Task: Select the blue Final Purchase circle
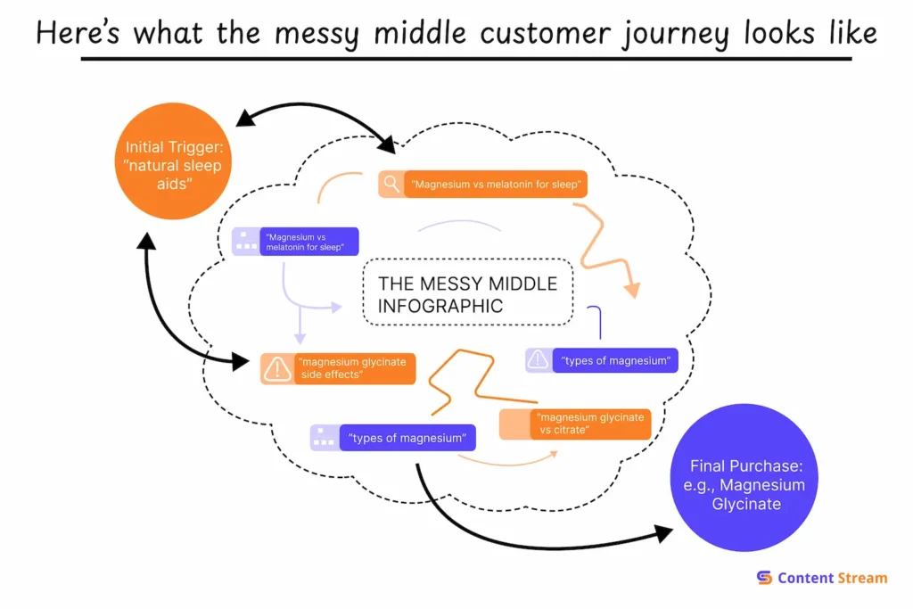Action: click(x=746, y=485)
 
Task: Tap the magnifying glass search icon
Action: click(x=391, y=185)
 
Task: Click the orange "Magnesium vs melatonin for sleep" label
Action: click(x=496, y=185)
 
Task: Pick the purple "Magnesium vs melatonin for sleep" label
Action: click(x=308, y=242)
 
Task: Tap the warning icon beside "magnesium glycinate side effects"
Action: click(x=277, y=368)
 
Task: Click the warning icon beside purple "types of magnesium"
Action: click(x=539, y=360)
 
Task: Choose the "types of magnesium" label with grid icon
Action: click(x=407, y=438)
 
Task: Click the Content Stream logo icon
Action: click(x=764, y=578)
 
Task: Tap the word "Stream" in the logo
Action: click(x=862, y=578)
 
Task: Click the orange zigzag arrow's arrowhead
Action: click(x=632, y=290)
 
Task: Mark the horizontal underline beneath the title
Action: click(x=465, y=59)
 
